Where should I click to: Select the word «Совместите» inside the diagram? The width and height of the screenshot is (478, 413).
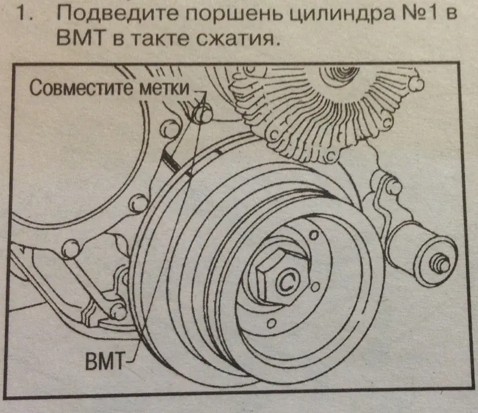pyautogui.click(x=81, y=87)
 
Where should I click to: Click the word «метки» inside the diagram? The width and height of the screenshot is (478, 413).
pyautogui.click(x=164, y=88)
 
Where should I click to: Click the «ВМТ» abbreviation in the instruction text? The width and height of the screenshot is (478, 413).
pyautogui.click(x=80, y=38)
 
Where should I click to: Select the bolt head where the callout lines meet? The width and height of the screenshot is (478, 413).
pyautogui.click(x=202, y=113)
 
